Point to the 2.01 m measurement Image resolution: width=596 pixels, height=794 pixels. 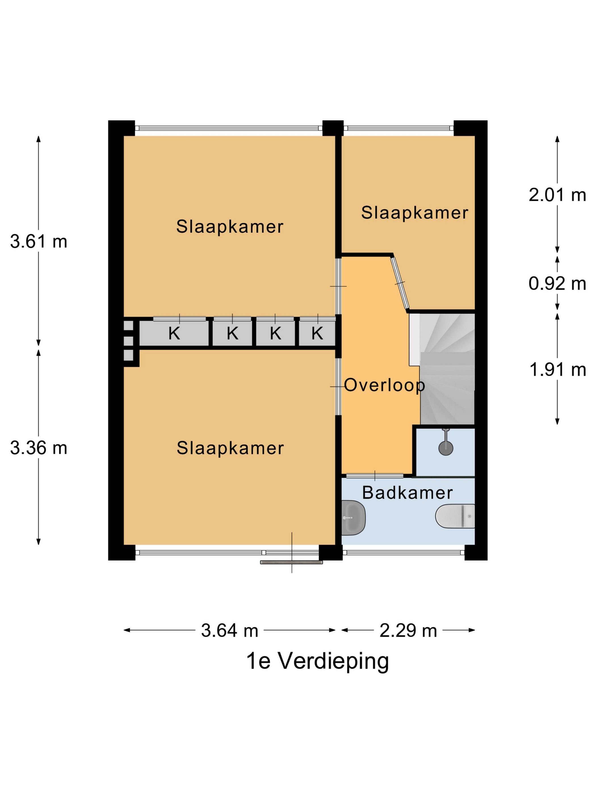tap(557, 195)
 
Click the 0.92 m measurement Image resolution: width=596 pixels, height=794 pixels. tap(557, 284)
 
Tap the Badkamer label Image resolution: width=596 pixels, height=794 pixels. tap(407, 493)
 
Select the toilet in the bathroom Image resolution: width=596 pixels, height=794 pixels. tap(455, 516)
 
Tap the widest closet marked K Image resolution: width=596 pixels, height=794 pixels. tap(174, 333)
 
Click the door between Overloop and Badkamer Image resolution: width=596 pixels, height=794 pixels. tap(375, 476)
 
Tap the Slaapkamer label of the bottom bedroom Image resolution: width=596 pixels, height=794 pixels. tap(230, 448)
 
